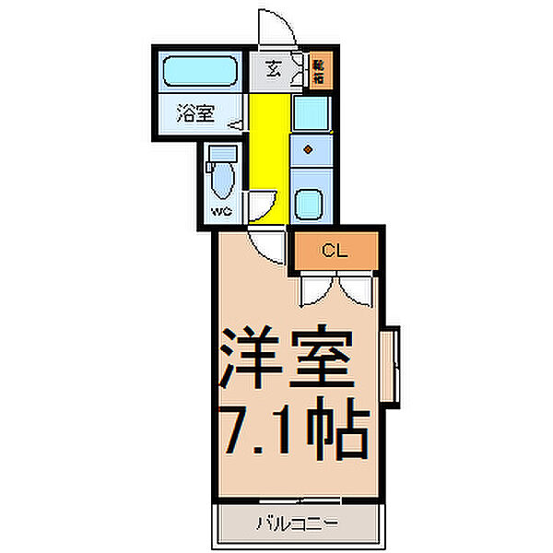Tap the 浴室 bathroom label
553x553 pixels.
195,114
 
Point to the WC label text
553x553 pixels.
221,211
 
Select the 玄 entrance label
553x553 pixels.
274,68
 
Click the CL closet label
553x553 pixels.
335,251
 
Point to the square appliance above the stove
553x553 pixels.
309,114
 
